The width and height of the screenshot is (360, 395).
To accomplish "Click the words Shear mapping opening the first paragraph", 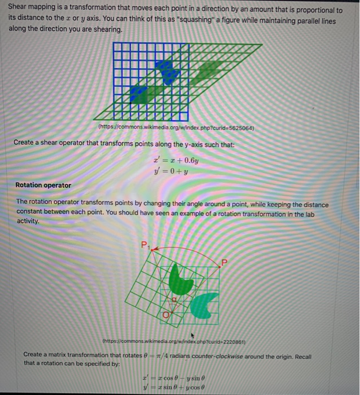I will tap(28, 11).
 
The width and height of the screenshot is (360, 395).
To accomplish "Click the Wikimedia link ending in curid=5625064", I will tap(176, 128).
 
